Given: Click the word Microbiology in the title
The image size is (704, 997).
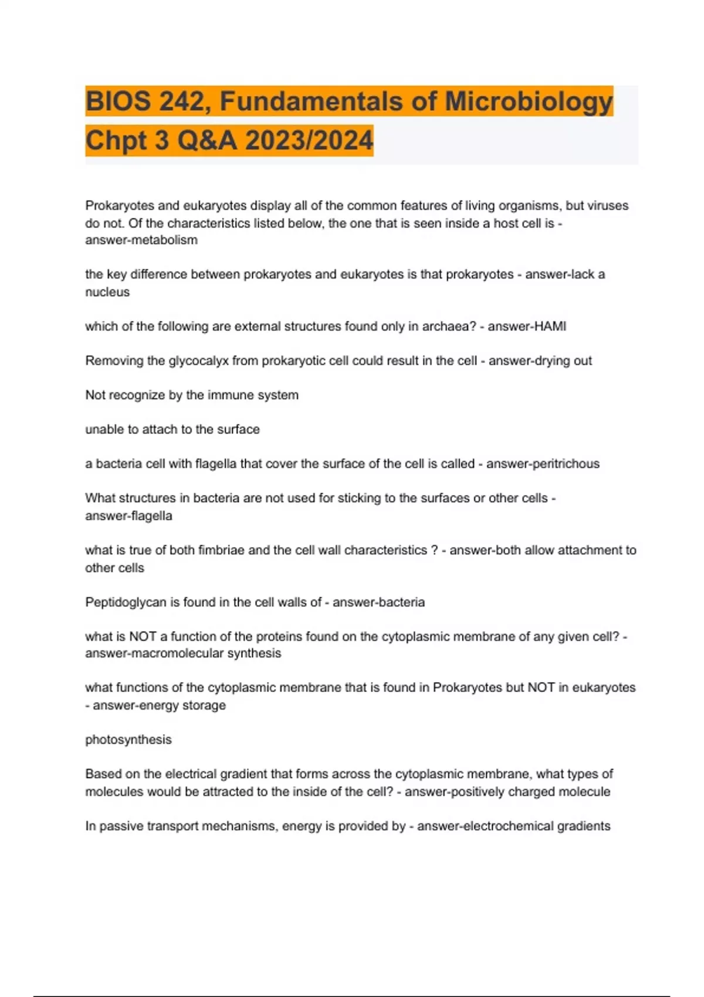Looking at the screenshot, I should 529,101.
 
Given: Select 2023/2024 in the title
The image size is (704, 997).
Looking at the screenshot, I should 309,140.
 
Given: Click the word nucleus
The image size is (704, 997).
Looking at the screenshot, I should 107,292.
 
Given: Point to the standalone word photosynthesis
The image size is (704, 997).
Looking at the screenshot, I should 128,740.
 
